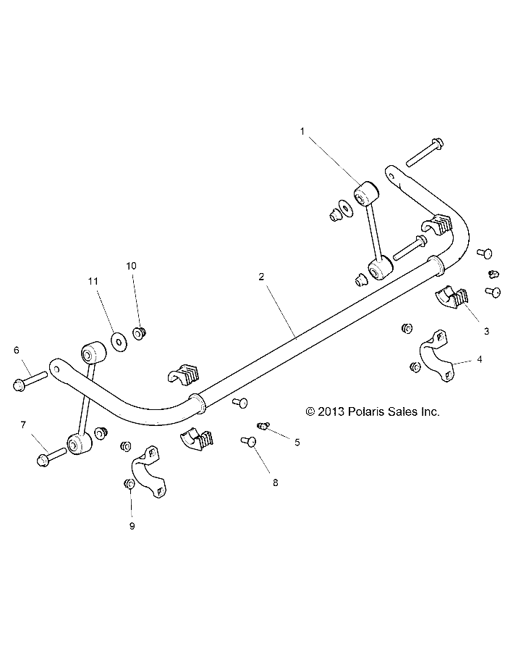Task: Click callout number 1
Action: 302,131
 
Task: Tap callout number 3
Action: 486,331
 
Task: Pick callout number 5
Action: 296,441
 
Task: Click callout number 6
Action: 16,351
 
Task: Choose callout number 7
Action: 22,424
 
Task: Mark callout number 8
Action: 275,481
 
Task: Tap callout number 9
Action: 132,526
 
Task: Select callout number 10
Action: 131,266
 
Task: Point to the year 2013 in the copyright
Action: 331,411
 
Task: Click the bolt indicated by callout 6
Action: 30,381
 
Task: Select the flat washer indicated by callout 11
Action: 116,337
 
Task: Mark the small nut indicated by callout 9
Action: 128,484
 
